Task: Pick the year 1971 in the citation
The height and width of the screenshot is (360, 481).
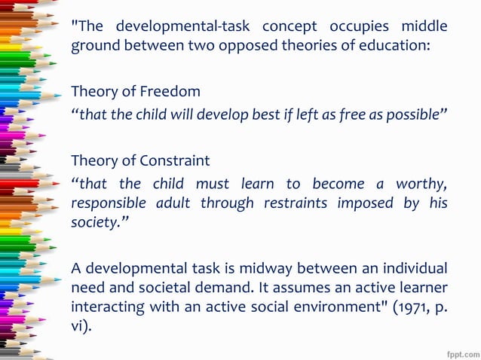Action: click(x=404, y=307)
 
